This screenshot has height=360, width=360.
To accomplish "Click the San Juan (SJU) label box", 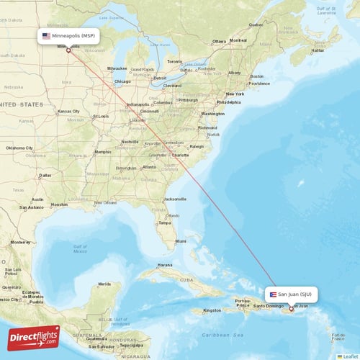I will (x=291, y=294).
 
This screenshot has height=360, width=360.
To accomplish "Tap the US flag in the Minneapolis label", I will (x=47, y=35).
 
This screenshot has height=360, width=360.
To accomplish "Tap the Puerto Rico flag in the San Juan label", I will (x=273, y=294).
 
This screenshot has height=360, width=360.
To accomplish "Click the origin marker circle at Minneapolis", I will (x=68, y=50).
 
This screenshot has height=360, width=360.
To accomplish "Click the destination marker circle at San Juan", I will (x=291, y=309).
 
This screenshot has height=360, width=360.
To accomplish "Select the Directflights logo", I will (x=34, y=338).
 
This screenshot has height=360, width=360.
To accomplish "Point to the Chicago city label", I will (x=122, y=81).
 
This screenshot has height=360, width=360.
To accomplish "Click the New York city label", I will (x=235, y=94).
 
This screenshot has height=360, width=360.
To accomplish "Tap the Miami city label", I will (x=180, y=241).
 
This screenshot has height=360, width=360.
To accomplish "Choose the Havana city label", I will (x=165, y=265).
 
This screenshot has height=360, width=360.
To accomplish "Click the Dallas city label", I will (x=45, y=175).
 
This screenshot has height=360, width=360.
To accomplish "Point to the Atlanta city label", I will (x=149, y=167).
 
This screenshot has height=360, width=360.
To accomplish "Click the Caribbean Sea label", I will (x=224, y=336).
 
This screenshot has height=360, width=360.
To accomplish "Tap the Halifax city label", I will (x=316, y=50).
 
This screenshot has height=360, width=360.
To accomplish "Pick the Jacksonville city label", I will (x=175, y=199).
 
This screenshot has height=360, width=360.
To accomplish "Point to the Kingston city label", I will (x=212, y=310).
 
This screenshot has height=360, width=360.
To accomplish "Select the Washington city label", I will (x=213, y=114).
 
